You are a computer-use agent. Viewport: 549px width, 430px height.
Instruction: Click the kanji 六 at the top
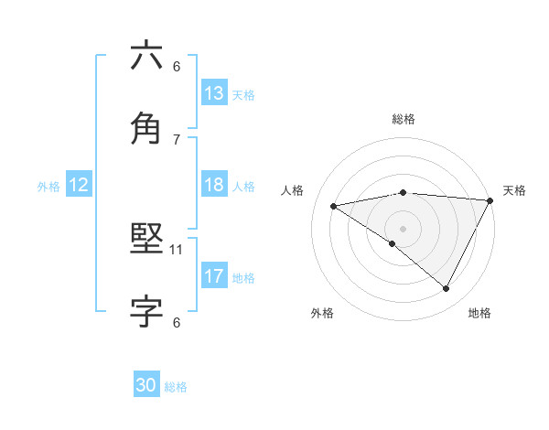click(x=146, y=56)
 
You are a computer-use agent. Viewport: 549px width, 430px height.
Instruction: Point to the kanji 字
click(x=146, y=312)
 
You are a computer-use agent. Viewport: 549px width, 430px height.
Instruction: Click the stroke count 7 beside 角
click(x=177, y=139)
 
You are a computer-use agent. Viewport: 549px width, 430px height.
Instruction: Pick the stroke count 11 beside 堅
click(x=178, y=249)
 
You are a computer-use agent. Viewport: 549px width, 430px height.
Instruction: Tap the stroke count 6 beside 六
click(x=177, y=66)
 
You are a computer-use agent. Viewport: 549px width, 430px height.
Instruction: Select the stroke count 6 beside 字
click(x=177, y=322)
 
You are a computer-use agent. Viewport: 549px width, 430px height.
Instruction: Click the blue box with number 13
click(x=214, y=93)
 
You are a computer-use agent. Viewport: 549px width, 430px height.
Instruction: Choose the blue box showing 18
click(x=214, y=185)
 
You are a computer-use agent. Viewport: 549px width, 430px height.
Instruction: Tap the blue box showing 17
click(x=214, y=276)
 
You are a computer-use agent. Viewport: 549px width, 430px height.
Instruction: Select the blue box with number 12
click(x=79, y=185)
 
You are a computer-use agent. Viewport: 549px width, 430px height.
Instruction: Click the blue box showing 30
click(x=146, y=385)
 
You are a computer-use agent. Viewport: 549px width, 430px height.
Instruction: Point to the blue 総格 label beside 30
click(x=176, y=387)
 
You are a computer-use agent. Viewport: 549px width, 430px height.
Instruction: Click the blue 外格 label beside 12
click(x=48, y=186)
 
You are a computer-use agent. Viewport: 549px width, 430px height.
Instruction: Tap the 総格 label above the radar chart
click(x=404, y=119)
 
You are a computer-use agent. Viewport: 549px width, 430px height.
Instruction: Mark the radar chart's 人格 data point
click(x=334, y=206)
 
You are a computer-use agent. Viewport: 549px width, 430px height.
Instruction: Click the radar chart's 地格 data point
click(x=447, y=289)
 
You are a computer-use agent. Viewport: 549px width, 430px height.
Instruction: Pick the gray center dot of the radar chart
click(x=403, y=227)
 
